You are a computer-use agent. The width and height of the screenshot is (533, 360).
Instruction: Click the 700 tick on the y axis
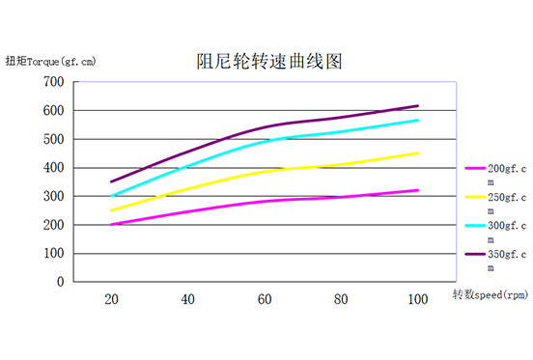[x=53, y=81]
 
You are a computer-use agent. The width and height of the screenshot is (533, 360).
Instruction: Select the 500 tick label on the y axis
[x=53, y=139]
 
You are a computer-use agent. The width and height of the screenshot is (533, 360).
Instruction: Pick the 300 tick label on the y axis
[x=53, y=196]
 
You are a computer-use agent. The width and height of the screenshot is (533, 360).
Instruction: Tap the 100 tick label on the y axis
[x=53, y=254]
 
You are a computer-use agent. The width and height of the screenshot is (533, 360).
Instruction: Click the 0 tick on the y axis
[x=60, y=283]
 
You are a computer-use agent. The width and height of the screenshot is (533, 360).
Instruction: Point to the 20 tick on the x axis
[x=112, y=301]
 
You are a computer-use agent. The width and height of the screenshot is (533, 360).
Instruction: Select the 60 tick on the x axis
[x=265, y=301]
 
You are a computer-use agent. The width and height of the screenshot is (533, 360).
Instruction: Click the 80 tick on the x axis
[x=341, y=301]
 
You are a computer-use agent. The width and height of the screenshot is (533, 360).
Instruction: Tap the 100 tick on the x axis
[x=417, y=301]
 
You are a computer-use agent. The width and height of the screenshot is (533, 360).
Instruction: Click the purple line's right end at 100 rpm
[x=418, y=105]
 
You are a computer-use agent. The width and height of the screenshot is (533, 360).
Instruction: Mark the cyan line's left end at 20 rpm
[x=112, y=196]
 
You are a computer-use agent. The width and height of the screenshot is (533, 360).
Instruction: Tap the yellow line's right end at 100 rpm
[x=418, y=152]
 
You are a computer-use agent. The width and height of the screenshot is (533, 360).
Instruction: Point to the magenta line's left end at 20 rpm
[x=112, y=225]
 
